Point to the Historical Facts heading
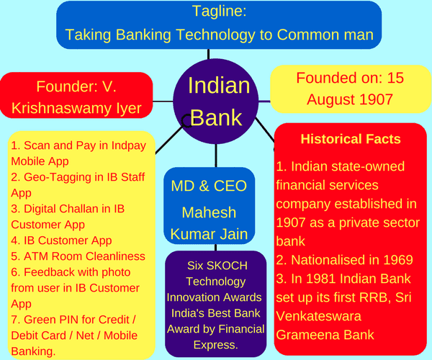(351, 139)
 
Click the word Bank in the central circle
(216, 117)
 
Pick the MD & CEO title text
(209, 186)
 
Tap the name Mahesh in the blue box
(209, 212)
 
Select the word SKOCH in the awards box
(227, 266)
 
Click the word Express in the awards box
(215, 345)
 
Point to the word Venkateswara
(318, 316)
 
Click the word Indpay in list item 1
(129, 146)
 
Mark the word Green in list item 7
(37, 320)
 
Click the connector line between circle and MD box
(216, 156)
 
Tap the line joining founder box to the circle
(163, 102)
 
